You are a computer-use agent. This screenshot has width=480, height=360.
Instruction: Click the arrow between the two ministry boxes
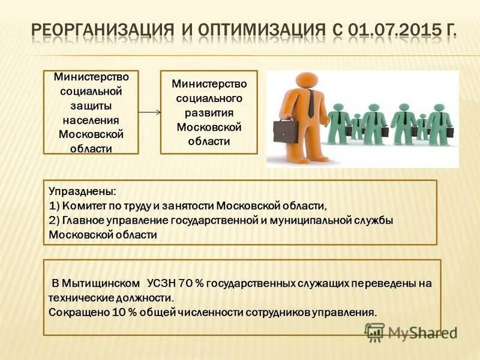(x=149, y=112)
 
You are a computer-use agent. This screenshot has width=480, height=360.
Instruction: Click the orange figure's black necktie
(x=311, y=103)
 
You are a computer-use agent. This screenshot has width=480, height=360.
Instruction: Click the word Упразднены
(x=83, y=192)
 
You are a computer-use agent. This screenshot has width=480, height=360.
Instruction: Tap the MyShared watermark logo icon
(x=374, y=332)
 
